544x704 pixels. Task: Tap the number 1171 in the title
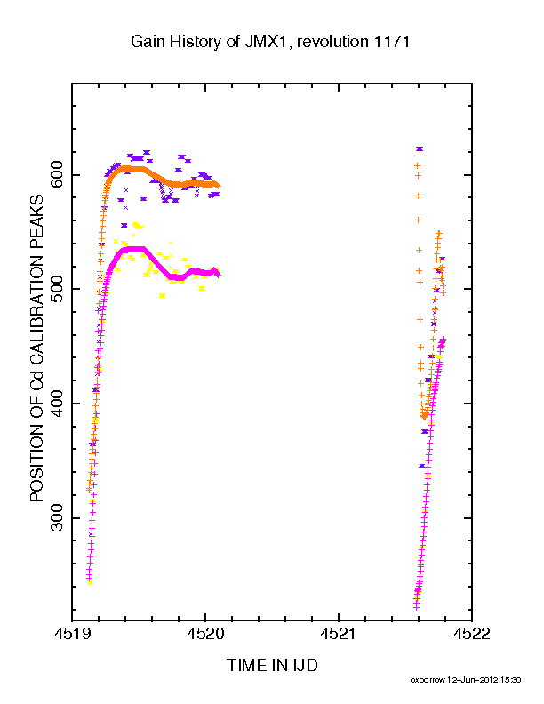point(389,41)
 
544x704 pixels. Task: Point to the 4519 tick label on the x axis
point(72,634)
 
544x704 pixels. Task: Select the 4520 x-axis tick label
point(205,634)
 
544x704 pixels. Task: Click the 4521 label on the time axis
point(339,634)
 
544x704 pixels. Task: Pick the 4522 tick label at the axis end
point(472,634)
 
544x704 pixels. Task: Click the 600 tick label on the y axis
point(57,175)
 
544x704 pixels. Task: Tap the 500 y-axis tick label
point(57,289)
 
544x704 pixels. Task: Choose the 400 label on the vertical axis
point(57,404)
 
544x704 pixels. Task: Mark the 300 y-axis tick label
point(57,517)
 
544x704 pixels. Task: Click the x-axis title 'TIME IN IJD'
point(272,665)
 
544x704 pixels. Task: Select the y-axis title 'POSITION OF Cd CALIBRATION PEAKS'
point(36,348)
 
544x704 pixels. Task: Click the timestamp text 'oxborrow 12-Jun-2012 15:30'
point(466,680)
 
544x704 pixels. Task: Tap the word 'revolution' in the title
point(332,42)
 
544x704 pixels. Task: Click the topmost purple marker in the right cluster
point(420,148)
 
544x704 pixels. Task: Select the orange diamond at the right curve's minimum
point(425,416)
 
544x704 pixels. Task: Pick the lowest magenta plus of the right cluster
point(416,607)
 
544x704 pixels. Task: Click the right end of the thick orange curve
point(219,185)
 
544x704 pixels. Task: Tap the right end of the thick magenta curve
point(218,274)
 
